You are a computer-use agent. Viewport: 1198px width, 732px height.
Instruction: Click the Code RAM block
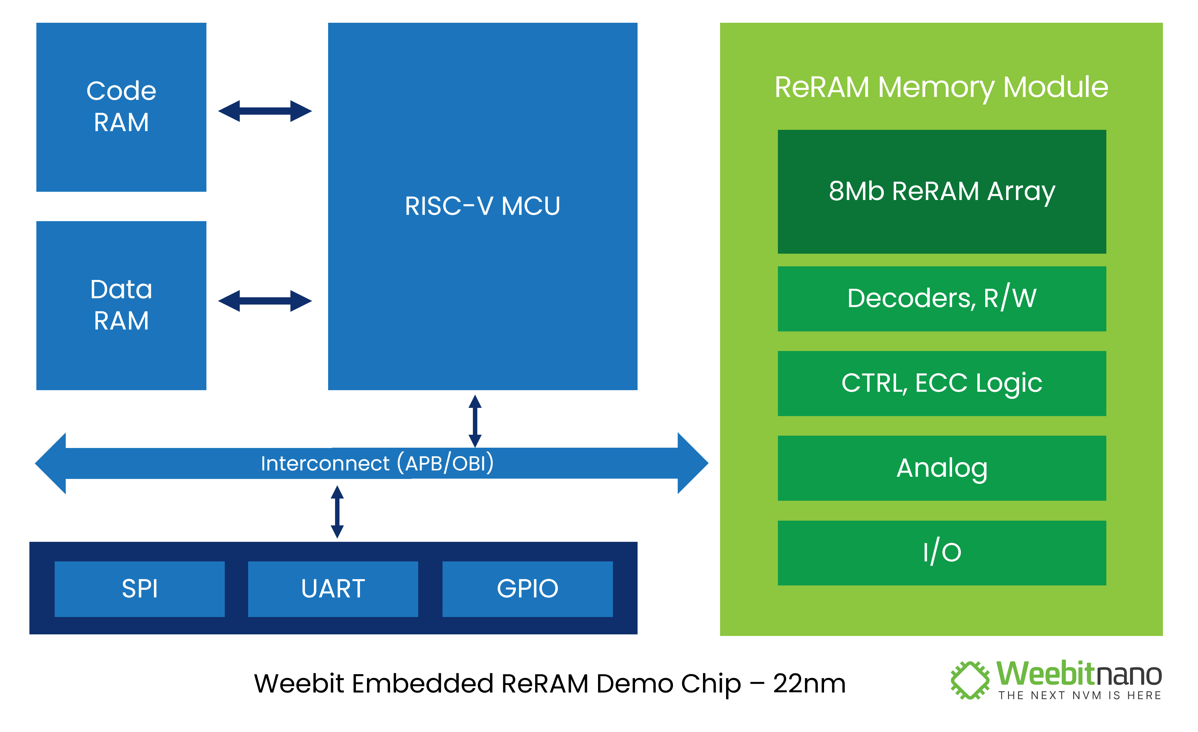tap(121, 107)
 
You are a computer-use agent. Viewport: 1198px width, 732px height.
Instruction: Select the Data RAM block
tap(121, 305)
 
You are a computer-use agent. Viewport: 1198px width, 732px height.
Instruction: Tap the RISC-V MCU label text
tap(482, 206)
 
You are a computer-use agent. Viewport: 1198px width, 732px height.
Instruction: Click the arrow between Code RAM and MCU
tap(265, 111)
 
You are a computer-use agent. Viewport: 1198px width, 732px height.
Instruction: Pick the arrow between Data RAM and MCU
tap(265, 301)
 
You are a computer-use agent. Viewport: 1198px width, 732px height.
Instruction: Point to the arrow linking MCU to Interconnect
tap(475, 421)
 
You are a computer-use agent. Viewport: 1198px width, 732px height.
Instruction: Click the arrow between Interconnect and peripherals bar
tap(337, 512)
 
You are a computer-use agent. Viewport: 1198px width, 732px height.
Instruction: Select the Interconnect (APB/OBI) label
tap(377, 463)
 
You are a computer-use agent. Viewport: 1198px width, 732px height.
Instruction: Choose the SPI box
tap(139, 589)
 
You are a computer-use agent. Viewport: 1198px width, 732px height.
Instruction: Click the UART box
tap(333, 589)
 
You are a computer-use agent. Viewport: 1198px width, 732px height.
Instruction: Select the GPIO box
tap(528, 589)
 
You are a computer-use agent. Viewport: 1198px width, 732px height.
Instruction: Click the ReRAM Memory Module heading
tap(941, 88)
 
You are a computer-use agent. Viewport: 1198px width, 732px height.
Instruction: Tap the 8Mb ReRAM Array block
tap(941, 191)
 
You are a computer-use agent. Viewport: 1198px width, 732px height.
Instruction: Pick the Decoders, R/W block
tap(941, 299)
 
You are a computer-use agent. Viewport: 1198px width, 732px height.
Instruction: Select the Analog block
tap(941, 468)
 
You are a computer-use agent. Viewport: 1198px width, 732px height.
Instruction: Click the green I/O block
tap(941, 553)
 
